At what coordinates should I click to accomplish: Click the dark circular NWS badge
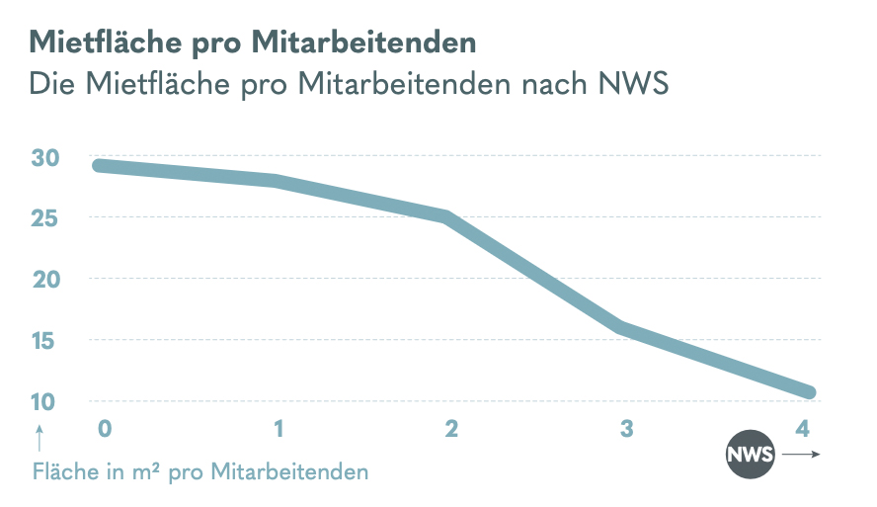click(x=750, y=456)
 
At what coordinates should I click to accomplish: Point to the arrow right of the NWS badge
click(x=801, y=456)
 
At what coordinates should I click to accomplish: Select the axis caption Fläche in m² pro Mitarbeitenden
click(x=200, y=471)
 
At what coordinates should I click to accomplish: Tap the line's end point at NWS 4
click(x=809, y=392)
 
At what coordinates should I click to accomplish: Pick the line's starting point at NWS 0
click(x=99, y=165)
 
